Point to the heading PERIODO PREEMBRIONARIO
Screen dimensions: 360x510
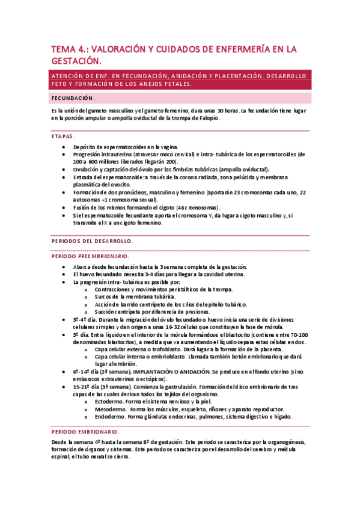[x=91, y=256]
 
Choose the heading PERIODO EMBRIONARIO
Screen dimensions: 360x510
[x=85, y=431]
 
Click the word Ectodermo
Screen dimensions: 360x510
[x=109, y=401]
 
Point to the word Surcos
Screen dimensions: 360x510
[x=105, y=296]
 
